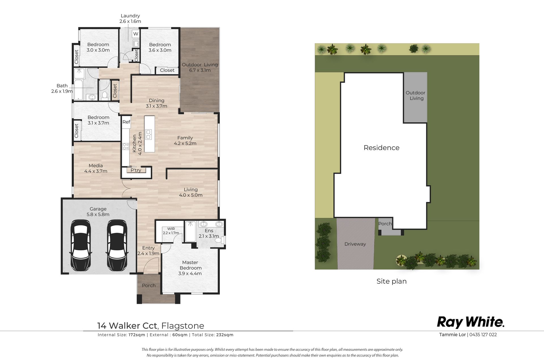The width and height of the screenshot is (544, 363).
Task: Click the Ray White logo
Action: point(471,322)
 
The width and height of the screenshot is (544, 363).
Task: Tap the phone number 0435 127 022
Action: point(483,335)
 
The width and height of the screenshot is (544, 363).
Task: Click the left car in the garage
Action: point(80,245)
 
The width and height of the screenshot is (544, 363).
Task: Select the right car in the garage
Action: point(117,245)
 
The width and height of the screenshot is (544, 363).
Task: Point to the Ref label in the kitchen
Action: point(126,122)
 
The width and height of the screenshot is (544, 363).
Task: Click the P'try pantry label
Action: point(136,170)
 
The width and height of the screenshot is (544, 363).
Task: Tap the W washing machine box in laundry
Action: point(136,34)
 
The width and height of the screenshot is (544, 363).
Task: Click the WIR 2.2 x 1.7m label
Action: point(171,231)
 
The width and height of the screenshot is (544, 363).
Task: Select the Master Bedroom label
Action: point(190,268)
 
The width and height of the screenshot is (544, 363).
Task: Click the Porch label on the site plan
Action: point(385,224)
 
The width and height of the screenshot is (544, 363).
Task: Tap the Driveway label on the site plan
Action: point(355,244)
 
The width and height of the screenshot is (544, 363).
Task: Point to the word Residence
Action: point(382,148)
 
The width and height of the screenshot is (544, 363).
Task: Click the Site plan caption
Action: point(392,281)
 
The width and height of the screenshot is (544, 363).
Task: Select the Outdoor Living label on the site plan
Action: point(416,96)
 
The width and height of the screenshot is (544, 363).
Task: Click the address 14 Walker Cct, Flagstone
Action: point(151,326)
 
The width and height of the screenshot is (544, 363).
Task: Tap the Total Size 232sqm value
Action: point(225,335)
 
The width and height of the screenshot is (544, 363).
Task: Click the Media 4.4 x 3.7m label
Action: point(96,168)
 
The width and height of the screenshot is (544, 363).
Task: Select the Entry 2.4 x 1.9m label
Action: point(148,251)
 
